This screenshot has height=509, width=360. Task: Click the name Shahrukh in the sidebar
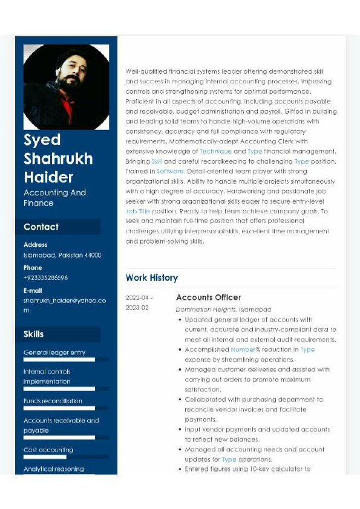58,158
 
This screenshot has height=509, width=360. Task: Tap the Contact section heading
41,227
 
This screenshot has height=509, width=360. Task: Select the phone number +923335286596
45,277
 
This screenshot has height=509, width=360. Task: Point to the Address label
35,245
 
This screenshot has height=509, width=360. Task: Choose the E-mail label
33,290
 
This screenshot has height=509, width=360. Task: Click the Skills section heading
34,334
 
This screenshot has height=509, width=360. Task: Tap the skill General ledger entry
54,352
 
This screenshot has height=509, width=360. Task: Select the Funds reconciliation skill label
53,401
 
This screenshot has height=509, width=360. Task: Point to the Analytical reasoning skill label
53,468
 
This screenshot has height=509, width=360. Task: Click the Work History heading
152,277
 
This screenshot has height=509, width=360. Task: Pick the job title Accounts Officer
208,297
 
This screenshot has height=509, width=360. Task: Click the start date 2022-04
139,298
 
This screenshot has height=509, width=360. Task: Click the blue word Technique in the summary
215,151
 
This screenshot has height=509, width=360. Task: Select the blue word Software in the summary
170,171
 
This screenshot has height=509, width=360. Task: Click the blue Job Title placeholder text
138,212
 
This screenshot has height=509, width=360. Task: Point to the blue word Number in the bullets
243,349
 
